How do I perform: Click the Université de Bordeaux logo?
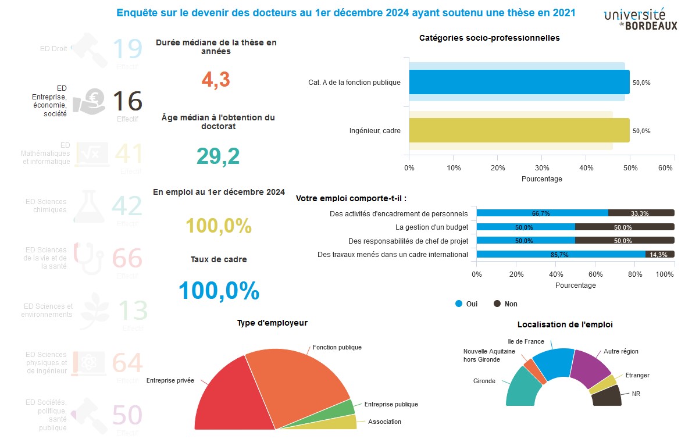pos(640,19)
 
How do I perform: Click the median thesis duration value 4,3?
pos(216,80)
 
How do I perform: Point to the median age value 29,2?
pos(217,156)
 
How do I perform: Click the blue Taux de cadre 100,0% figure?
pos(218,290)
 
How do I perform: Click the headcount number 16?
pos(127,101)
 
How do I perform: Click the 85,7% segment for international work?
pos(561,254)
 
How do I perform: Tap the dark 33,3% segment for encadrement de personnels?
pos(641,213)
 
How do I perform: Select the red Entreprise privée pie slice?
pos(224,395)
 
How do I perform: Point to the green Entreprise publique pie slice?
pos(347,408)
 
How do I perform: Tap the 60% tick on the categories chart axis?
pos(666,167)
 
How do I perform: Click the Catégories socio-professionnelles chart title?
pos(489,38)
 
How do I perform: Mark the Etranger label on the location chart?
pos(637,375)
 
